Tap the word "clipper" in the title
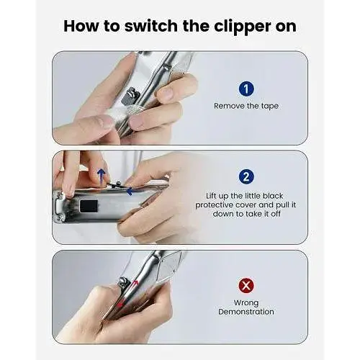(x=243, y=27)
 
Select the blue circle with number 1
(x=246, y=89)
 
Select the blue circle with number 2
(x=246, y=177)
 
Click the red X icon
(x=246, y=286)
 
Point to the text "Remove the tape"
(x=246, y=106)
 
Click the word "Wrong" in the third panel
(x=246, y=303)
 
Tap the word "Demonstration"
(x=246, y=312)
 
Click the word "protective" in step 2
(x=214, y=205)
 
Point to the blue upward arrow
(x=102, y=176)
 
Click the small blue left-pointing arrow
(x=130, y=192)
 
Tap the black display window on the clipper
(x=89, y=207)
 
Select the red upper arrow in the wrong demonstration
(x=135, y=284)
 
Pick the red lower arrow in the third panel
(x=120, y=303)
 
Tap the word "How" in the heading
(x=81, y=26)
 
